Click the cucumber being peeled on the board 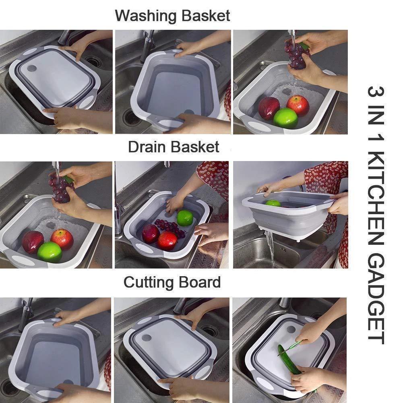289,359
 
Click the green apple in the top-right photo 285,118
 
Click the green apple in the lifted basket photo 273,203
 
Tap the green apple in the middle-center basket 184,218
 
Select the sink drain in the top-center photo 131,117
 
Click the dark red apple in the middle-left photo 32,242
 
